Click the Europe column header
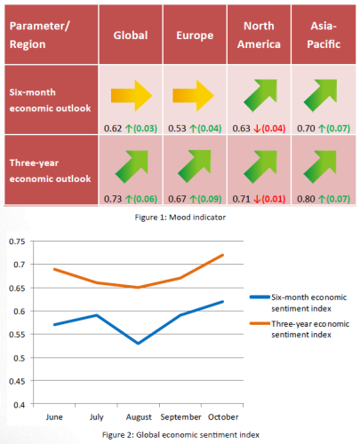(x=195, y=36)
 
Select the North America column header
(x=259, y=35)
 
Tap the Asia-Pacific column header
(x=324, y=35)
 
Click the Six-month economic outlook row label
(x=50, y=100)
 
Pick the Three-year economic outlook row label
(x=50, y=170)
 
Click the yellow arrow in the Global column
(x=132, y=96)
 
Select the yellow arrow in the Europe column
(x=194, y=96)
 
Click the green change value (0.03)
(x=145, y=129)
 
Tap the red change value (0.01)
(x=274, y=199)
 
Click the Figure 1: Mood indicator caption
(x=180, y=218)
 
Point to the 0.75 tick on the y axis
(x=17, y=242)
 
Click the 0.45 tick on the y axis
(x=17, y=381)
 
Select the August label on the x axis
(x=139, y=417)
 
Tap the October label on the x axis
(x=223, y=417)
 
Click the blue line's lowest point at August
(x=139, y=344)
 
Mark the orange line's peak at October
(x=222, y=255)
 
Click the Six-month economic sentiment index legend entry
(x=299, y=303)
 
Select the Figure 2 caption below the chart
(x=180, y=435)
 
